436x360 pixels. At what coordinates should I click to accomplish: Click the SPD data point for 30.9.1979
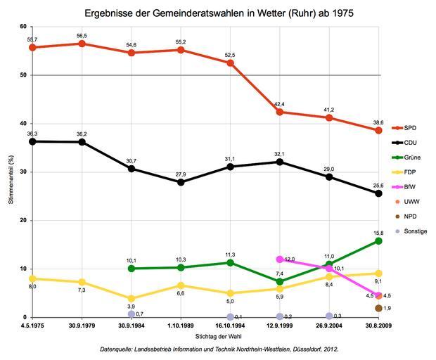click(x=82, y=44)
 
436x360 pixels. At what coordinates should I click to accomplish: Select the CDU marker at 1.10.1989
click(x=181, y=182)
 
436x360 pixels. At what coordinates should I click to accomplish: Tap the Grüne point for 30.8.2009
click(x=378, y=240)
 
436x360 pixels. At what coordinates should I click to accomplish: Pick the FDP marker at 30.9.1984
click(x=132, y=298)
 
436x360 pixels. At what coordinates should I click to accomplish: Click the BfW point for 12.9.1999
click(x=280, y=259)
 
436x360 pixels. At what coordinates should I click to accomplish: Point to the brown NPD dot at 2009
click(x=378, y=308)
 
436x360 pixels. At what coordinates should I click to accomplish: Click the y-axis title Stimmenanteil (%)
click(x=11, y=172)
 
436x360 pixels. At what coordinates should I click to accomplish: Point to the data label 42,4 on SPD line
click(x=280, y=104)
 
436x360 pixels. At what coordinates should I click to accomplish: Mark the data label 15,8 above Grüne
click(x=378, y=233)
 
